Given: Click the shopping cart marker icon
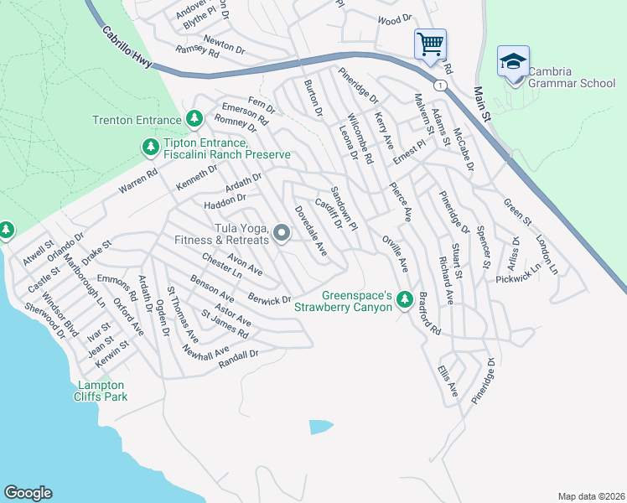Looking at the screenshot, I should tap(430, 43).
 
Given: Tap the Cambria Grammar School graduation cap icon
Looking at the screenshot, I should tap(513, 61).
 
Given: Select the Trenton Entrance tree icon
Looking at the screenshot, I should tap(194, 119).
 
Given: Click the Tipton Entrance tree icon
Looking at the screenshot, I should tap(150, 148).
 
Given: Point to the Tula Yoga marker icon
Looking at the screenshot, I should tap(282, 233).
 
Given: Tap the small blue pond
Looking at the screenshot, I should tap(320, 427).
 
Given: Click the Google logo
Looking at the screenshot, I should tap(28, 492).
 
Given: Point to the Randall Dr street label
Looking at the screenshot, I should tap(238, 359).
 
